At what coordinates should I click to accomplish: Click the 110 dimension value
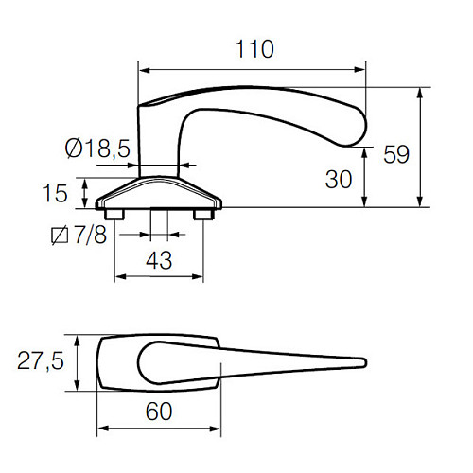[x=252, y=49]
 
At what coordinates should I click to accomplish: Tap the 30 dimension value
[x=338, y=177]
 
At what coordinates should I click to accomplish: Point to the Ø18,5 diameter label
[x=97, y=149]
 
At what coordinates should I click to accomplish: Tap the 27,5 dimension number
[x=41, y=360]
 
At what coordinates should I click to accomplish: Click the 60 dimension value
[x=159, y=412]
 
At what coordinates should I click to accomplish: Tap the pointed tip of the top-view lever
[x=363, y=361]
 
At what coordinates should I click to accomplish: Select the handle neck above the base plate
[x=158, y=142]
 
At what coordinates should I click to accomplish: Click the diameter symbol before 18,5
[x=73, y=149]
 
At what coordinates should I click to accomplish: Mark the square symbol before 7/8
[x=58, y=235]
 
